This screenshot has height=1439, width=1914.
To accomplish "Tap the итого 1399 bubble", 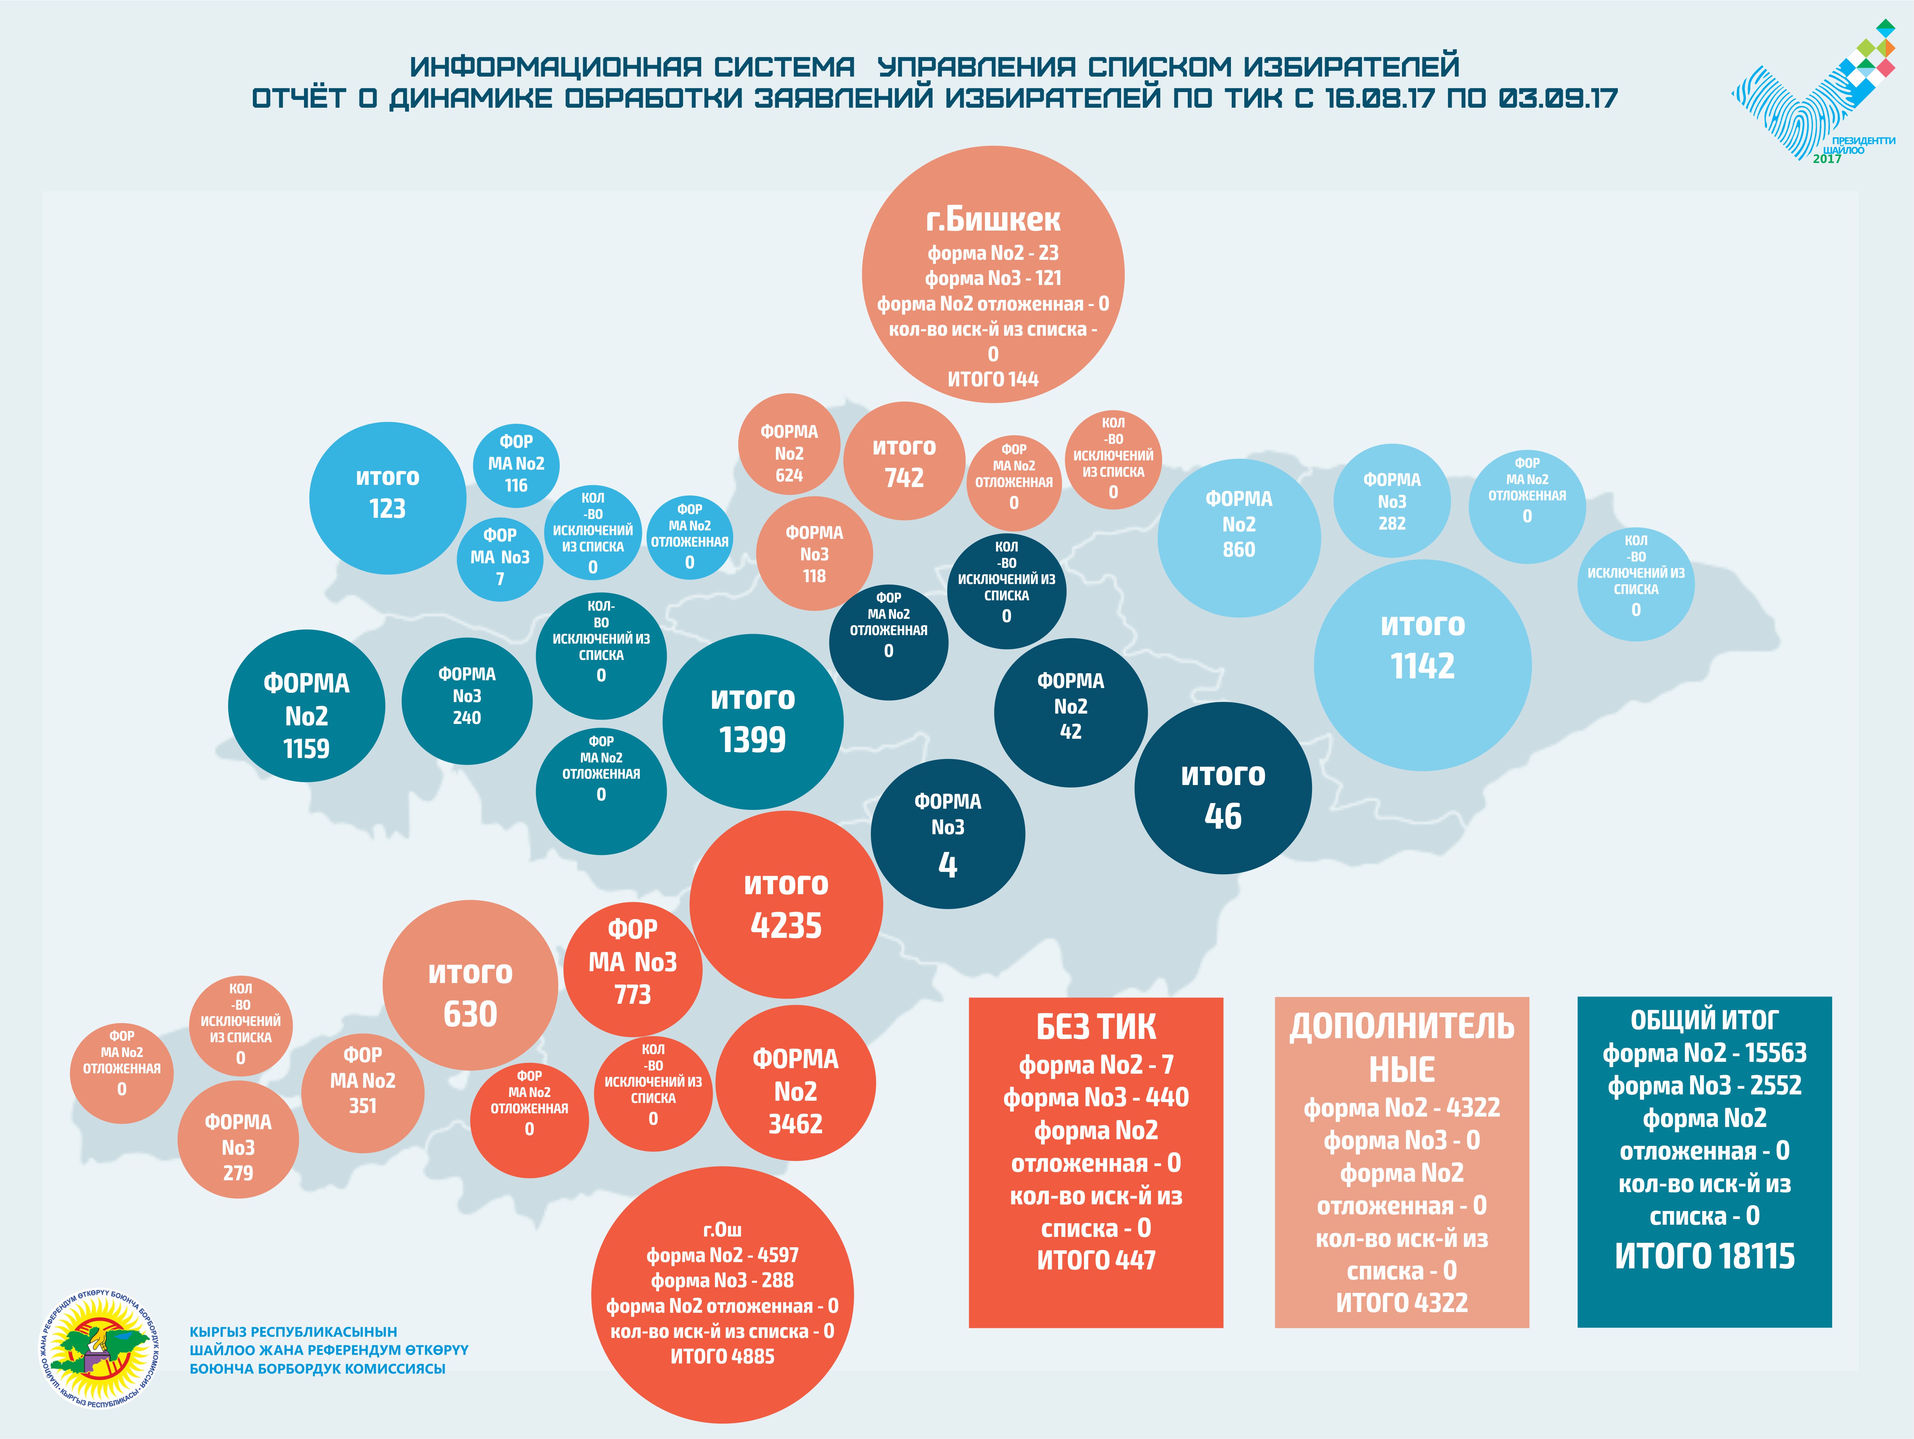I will [752, 721].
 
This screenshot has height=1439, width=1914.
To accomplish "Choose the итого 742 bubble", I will [903, 461].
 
